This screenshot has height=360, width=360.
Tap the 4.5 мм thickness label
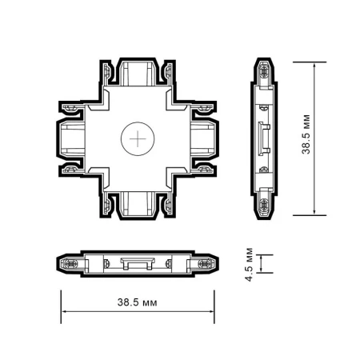pyautogui.click(x=250, y=264)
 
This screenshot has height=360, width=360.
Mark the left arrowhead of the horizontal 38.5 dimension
pyautogui.click(x=65, y=314)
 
